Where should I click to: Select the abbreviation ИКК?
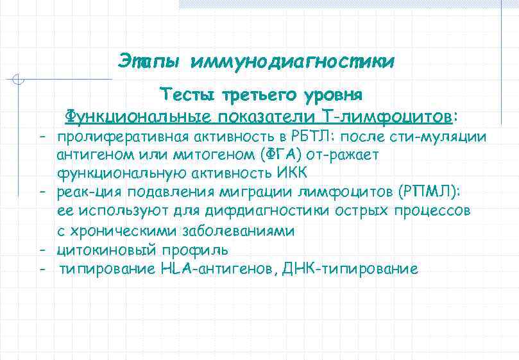tap(293, 173)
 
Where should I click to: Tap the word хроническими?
tap(123, 230)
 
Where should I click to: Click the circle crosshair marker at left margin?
tap(19, 81)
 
